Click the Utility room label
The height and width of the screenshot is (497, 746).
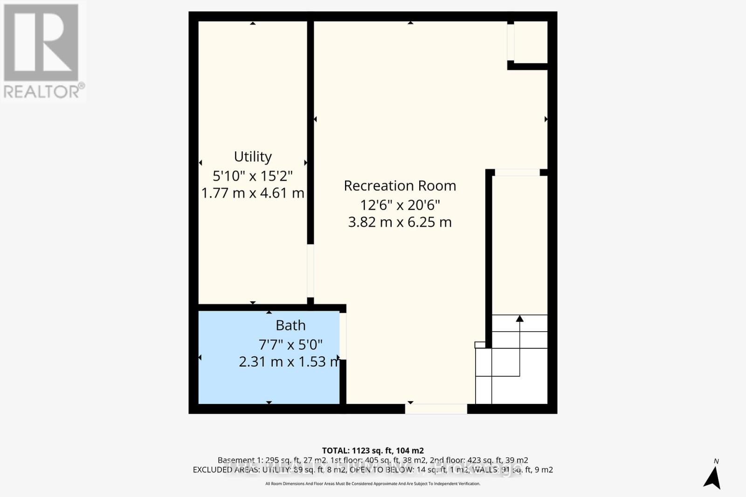click(253, 157)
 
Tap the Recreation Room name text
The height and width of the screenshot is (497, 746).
click(400, 185)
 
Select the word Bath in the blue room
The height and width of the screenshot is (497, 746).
click(290, 325)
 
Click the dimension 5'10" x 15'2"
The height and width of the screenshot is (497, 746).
click(253, 176)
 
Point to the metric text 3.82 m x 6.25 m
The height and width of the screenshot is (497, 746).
click(400, 222)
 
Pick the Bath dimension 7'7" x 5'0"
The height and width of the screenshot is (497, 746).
click(290, 345)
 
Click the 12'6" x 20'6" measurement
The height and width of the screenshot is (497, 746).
click(400, 205)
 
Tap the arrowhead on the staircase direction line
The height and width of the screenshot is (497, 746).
click(519, 319)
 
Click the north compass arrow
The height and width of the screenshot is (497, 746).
click(712, 478)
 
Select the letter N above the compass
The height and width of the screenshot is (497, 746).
click(716, 462)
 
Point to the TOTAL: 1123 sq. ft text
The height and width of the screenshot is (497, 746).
click(373, 450)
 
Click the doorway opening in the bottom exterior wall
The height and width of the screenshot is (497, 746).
click(436, 409)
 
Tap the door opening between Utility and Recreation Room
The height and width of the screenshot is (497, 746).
click(310, 271)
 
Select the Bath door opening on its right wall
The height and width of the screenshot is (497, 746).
click(343, 336)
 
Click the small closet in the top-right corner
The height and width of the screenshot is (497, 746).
click(530, 42)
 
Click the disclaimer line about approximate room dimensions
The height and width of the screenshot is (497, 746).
click(373, 484)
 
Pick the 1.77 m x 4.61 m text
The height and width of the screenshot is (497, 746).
click(253, 193)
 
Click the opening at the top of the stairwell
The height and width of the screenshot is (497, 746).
click(517, 172)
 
